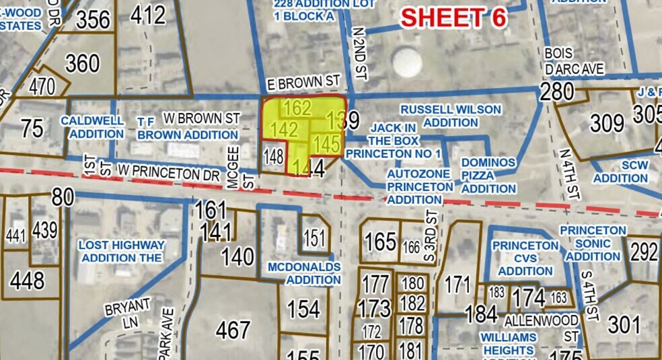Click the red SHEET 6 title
(x=453, y=18)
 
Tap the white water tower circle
(x=407, y=63)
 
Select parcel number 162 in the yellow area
(x=297, y=108)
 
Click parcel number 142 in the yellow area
(x=285, y=129)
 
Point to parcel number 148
(x=274, y=157)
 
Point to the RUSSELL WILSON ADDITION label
(x=451, y=116)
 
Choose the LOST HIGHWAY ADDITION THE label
(x=121, y=251)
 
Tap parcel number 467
(x=233, y=330)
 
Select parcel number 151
(x=314, y=238)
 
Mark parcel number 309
(x=607, y=123)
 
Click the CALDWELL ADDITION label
(x=91, y=127)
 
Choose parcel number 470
(x=42, y=86)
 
